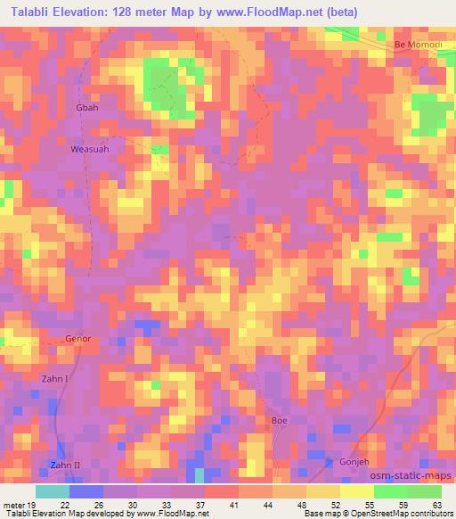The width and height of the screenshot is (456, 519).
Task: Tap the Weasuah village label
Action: (90, 150)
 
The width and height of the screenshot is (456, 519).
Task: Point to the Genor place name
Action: (78, 339)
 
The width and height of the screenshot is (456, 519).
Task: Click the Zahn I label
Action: (55, 379)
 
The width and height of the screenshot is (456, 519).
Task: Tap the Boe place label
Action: (279, 419)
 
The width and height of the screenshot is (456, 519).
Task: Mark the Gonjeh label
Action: (354, 462)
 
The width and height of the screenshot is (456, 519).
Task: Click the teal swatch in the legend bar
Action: (53, 490)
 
